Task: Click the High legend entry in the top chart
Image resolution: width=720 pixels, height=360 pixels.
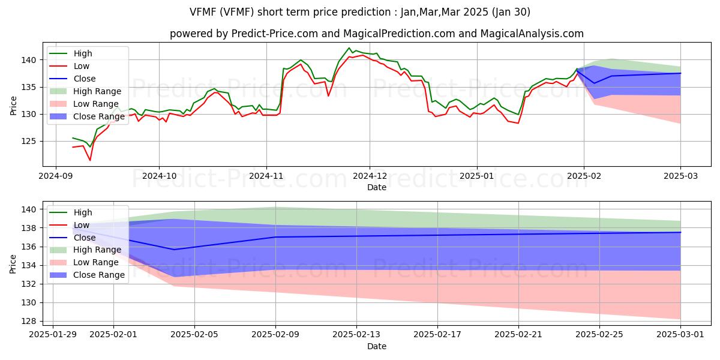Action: (83, 53)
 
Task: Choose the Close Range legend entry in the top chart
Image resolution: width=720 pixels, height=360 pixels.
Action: (98, 116)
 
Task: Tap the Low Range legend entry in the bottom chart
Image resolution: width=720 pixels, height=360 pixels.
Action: (96, 262)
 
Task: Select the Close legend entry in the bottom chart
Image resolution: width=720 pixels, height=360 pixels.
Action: (84, 237)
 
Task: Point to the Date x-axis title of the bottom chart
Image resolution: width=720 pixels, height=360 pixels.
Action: (377, 346)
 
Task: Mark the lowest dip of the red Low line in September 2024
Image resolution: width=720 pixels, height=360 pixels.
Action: (90, 160)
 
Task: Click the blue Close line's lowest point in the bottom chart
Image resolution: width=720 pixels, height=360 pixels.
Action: (174, 250)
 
